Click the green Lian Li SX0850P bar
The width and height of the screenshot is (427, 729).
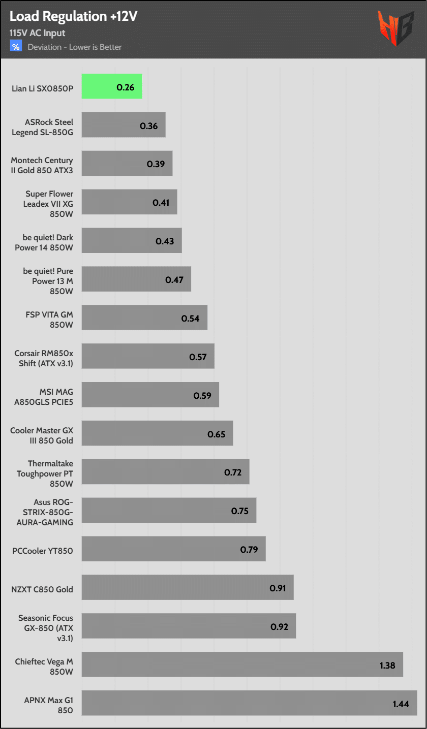pos(112,86)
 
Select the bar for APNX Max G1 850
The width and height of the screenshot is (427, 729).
pos(249,703)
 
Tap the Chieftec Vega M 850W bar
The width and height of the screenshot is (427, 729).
pos(242,664)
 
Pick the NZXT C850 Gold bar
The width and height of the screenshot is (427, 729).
pos(188,587)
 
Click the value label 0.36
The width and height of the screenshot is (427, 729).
pos(149,126)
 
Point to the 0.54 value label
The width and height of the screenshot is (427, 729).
pos(191,319)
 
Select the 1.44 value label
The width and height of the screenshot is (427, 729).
pos(401,704)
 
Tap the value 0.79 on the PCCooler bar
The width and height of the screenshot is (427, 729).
pos(249,550)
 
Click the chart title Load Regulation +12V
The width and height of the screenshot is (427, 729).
pos(74,17)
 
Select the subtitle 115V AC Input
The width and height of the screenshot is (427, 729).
pos(37,33)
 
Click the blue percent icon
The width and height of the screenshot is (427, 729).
pos(16,47)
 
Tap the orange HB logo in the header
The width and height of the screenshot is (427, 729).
pos(395,28)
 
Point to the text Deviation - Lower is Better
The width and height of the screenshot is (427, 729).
pos(75,47)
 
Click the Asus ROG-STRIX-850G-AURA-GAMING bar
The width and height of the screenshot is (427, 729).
pos(169,510)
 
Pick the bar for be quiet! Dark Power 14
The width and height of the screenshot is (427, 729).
pos(132,240)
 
